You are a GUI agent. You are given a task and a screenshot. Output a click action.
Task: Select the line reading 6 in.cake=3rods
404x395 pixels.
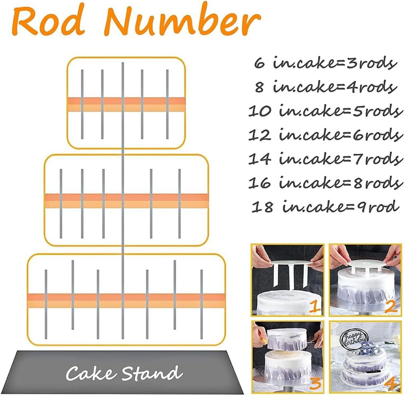(x=326, y=63)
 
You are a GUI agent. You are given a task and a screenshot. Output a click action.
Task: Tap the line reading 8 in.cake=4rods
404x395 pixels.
(x=326, y=87)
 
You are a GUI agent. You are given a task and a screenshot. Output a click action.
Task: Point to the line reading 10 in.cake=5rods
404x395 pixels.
(x=326, y=111)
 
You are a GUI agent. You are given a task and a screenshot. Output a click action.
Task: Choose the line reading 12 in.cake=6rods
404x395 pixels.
(x=326, y=135)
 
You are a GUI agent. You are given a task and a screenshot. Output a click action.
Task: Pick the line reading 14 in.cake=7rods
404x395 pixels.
(x=326, y=158)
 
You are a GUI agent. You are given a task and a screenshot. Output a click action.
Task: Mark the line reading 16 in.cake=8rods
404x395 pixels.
(x=326, y=182)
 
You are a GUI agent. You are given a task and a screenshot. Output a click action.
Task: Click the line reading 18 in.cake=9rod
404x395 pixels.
(x=326, y=206)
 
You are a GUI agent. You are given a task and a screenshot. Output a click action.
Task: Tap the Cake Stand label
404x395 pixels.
(x=124, y=373)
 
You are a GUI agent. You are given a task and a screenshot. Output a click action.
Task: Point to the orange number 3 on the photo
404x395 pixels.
(x=314, y=383)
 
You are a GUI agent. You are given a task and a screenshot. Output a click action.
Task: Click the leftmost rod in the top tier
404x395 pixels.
(x=82, y=104)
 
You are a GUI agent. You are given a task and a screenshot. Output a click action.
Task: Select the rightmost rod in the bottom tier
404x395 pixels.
(x=201, y=304)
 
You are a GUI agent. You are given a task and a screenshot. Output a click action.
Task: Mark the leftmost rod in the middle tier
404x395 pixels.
(x=61, y=204)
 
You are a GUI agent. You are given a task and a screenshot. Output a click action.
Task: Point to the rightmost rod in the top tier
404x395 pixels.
(x=167, y=104)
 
